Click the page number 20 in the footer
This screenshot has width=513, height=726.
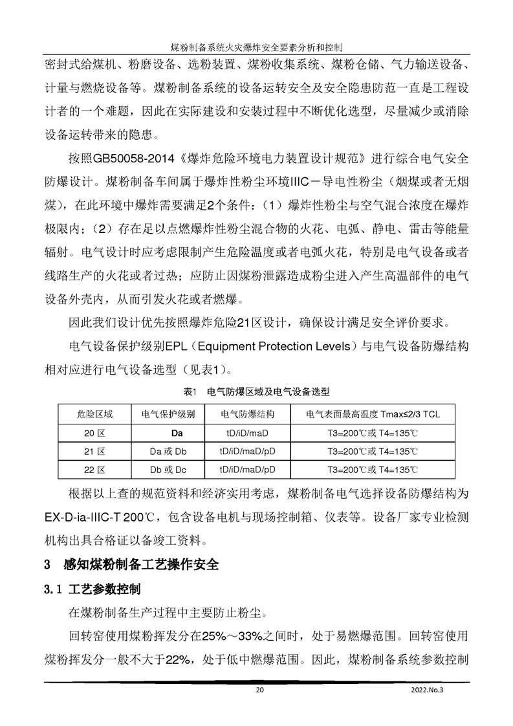[260, 690]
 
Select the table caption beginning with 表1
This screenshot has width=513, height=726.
[257, 391]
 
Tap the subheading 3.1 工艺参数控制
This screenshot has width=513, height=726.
[92, 590]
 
